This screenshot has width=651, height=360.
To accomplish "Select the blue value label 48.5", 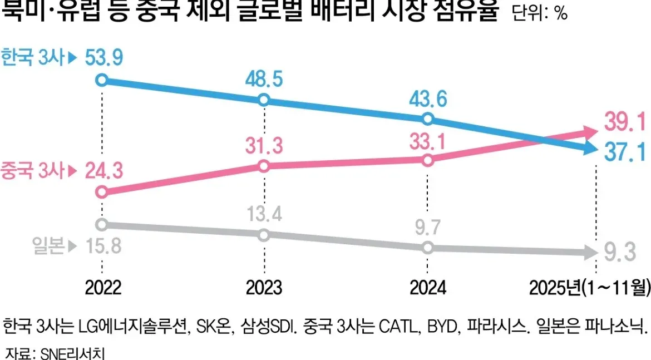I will (263, 78).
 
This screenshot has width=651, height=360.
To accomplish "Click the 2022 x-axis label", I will (103, 287).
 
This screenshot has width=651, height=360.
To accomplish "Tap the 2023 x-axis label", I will (264, 287).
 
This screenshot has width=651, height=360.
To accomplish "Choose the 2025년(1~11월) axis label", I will (589, 287).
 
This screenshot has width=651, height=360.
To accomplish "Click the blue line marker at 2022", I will (101, 80).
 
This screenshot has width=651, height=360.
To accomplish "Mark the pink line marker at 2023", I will (264, 166).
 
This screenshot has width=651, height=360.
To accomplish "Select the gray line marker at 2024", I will (427, 248).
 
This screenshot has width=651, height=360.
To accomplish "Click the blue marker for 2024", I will (427, 119).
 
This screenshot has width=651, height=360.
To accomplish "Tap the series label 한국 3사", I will (33, 58).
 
